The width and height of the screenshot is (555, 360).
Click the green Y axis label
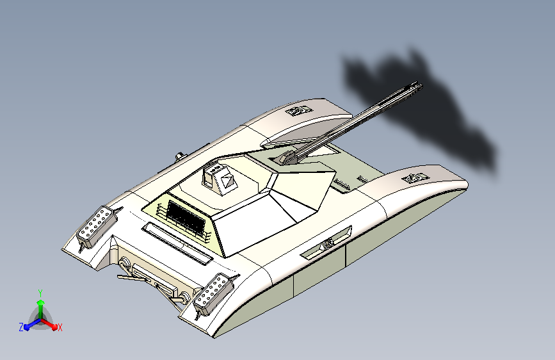click(x=40, y=292)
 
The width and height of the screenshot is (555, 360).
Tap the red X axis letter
click(x=60, y=328)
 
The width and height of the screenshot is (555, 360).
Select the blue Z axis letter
click(x=21, y=327)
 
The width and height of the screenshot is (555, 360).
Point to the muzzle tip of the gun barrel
click(x=419, y=85)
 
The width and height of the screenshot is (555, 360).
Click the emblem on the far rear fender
click(x=299, y=111)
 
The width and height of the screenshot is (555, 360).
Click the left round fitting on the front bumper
click(x=123, y=264)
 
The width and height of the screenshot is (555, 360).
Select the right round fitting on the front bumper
click(x=184, y=298)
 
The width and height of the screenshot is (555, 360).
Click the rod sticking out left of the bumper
click(x=126, y=277)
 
